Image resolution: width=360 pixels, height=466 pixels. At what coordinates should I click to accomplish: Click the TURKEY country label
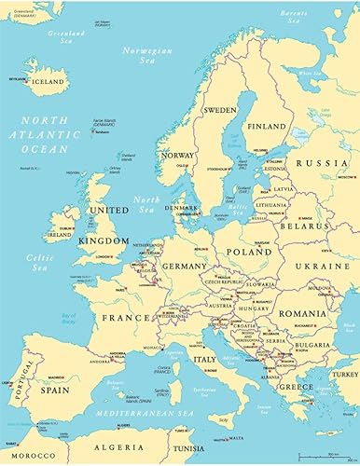pyautogui.click(x=344, y=374)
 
